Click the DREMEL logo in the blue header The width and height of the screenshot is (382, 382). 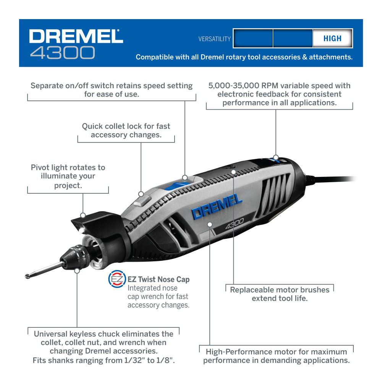point(76,36)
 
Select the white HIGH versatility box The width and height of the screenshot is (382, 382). point(332,39)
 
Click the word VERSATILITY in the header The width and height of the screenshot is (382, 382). point(214,39)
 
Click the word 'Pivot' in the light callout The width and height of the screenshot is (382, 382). point(40,167)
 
